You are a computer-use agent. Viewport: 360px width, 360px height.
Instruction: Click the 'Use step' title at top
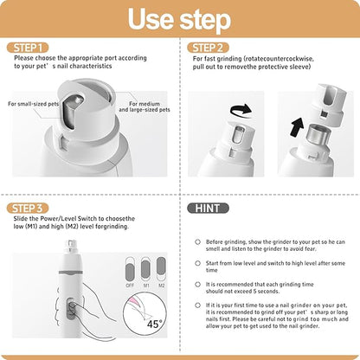coord(179,19)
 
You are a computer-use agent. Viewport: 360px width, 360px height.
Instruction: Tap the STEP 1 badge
coord(26,47)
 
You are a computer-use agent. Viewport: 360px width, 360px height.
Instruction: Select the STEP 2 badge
coord(210,47)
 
